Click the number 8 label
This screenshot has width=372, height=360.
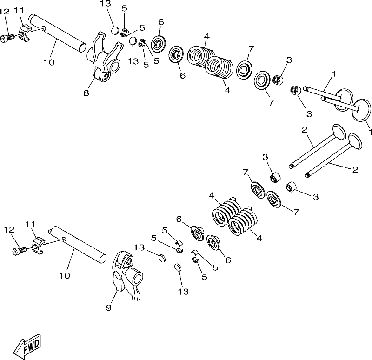(86, 93)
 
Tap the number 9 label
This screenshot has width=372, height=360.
(108, 308)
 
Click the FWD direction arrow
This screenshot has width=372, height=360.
(27, 346)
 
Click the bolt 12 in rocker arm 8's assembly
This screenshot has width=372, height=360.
(7, 39)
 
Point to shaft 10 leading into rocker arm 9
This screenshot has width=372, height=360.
(77, 245)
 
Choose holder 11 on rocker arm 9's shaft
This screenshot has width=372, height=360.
(38, 246)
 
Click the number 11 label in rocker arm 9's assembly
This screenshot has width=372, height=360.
(31, 225)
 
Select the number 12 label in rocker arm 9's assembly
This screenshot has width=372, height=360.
(9, 229)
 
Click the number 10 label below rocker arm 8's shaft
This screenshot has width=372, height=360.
(49, 62)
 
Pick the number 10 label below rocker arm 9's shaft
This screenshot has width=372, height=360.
(65, 275)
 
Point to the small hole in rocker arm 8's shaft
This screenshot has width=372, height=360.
(44, 28)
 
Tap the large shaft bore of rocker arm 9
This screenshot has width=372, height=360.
(138, 279)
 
